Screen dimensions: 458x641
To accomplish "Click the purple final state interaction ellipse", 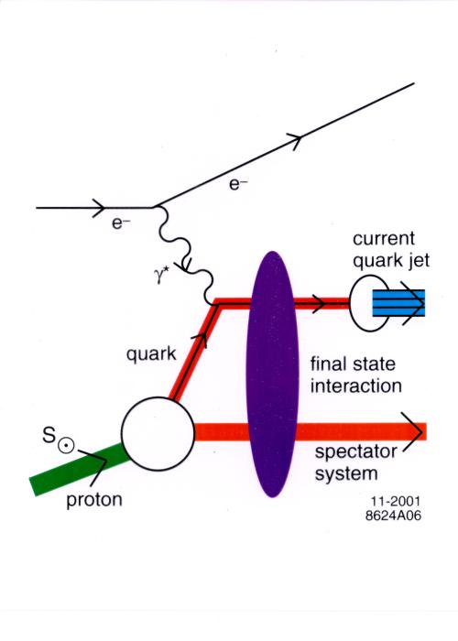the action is click(x=272, y=374).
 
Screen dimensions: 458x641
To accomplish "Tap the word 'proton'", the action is click(x=94, y=500).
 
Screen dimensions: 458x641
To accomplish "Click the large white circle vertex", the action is click(x=158, y=433).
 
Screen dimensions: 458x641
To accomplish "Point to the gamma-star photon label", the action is click(x=162, y=276).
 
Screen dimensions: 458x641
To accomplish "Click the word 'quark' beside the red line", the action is click(x=151, y=354).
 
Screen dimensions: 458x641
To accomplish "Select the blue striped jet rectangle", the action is click(x=398, y=303).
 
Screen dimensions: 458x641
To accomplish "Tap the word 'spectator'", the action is click(x=355, y=452).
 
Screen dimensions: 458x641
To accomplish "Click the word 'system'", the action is click(x=346, y=474).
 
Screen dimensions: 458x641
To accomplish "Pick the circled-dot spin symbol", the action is click(x=66, y=446).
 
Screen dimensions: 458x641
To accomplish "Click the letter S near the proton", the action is click(x=49, y=435).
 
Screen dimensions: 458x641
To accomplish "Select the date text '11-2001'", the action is click(x=396, y=501).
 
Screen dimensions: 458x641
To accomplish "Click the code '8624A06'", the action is click(x=393, y=516).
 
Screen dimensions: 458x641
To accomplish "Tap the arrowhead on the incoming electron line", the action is click(x=99, y=208).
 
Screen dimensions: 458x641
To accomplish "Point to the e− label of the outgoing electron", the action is click(x=238, y=184).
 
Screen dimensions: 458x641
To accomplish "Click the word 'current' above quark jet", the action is click(x=384, y=238).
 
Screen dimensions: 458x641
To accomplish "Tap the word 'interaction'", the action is click(x=355, y=386).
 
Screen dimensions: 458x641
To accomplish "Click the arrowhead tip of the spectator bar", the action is click(x=422, y=431).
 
